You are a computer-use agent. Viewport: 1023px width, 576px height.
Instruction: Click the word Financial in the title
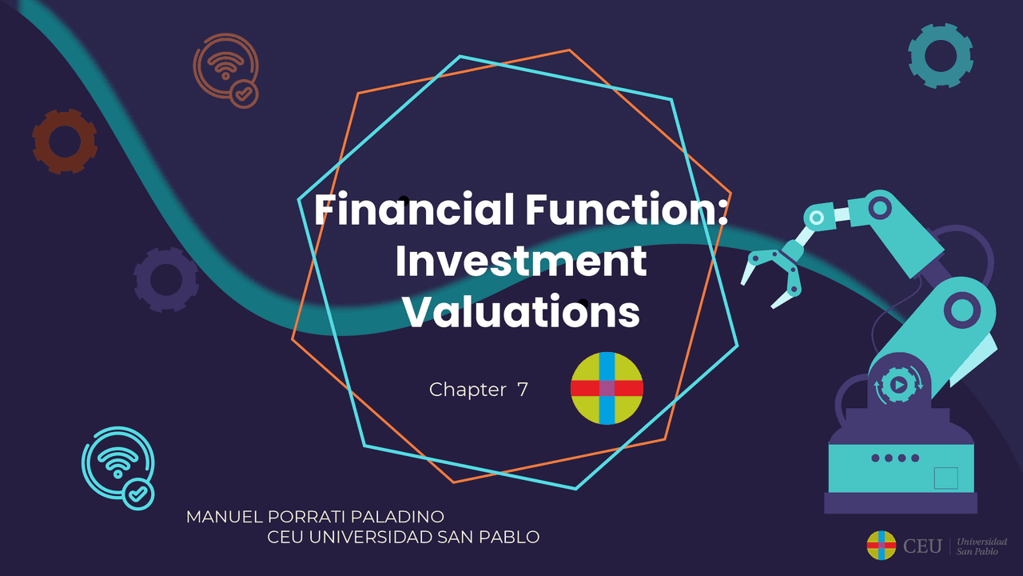pyautogui.click(x=414, y=210)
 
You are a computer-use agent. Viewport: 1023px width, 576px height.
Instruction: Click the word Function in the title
pyautogui.click(x=626, y=210)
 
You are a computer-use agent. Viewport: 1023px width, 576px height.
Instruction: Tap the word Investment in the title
pyautogui.click(x=521, y=261)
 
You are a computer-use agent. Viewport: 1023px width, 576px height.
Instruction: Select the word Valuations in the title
pyautogui.click(x=521, y=312)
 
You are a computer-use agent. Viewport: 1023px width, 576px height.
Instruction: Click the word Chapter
pyautogui.click(x=468, y=390)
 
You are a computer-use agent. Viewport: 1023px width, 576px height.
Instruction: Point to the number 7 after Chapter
pyautogui.click(x=523, y=390)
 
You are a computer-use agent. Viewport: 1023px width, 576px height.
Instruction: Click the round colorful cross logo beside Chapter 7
pyautogui.click(x=607, y=388)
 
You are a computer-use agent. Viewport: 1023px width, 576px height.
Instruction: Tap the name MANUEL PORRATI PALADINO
pyautogui.click(x=315, y=517)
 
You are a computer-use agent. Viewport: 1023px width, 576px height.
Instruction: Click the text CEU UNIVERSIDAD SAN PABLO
pyautogui.click(x=404, y=537)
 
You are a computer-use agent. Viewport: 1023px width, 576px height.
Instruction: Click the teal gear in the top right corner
pyautogui.click(x=940, y=55)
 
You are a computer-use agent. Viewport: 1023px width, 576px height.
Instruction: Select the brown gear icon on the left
pyautogui.click(x=64, y=142)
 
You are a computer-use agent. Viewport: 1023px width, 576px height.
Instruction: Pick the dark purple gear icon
pyautogui.click(x=166, y=279)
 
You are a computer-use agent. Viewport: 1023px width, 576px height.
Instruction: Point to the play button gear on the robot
pyautogui.click(x=899, y=385)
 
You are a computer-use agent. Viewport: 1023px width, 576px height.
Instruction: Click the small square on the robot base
pyautogui.click(x=945, y=478)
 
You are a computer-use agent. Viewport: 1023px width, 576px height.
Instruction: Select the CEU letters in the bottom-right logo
pyautogui.click(x=922, y=546)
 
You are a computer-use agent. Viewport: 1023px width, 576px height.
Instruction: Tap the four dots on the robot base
pyautogui.click(x=895, y=458)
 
